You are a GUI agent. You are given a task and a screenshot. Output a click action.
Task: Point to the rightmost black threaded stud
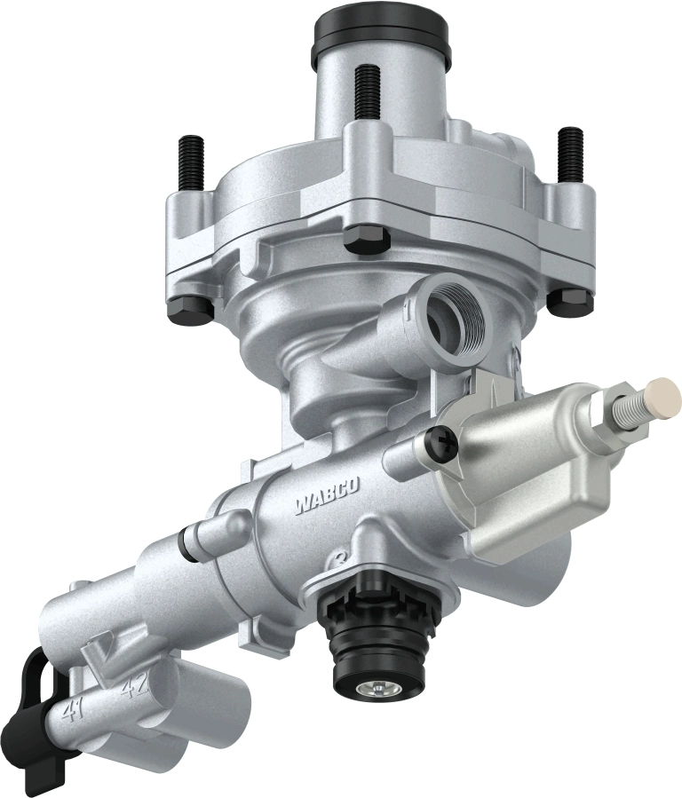[x=569, y=150]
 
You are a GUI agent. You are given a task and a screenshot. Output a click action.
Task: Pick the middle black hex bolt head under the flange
[x=364, y=238]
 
